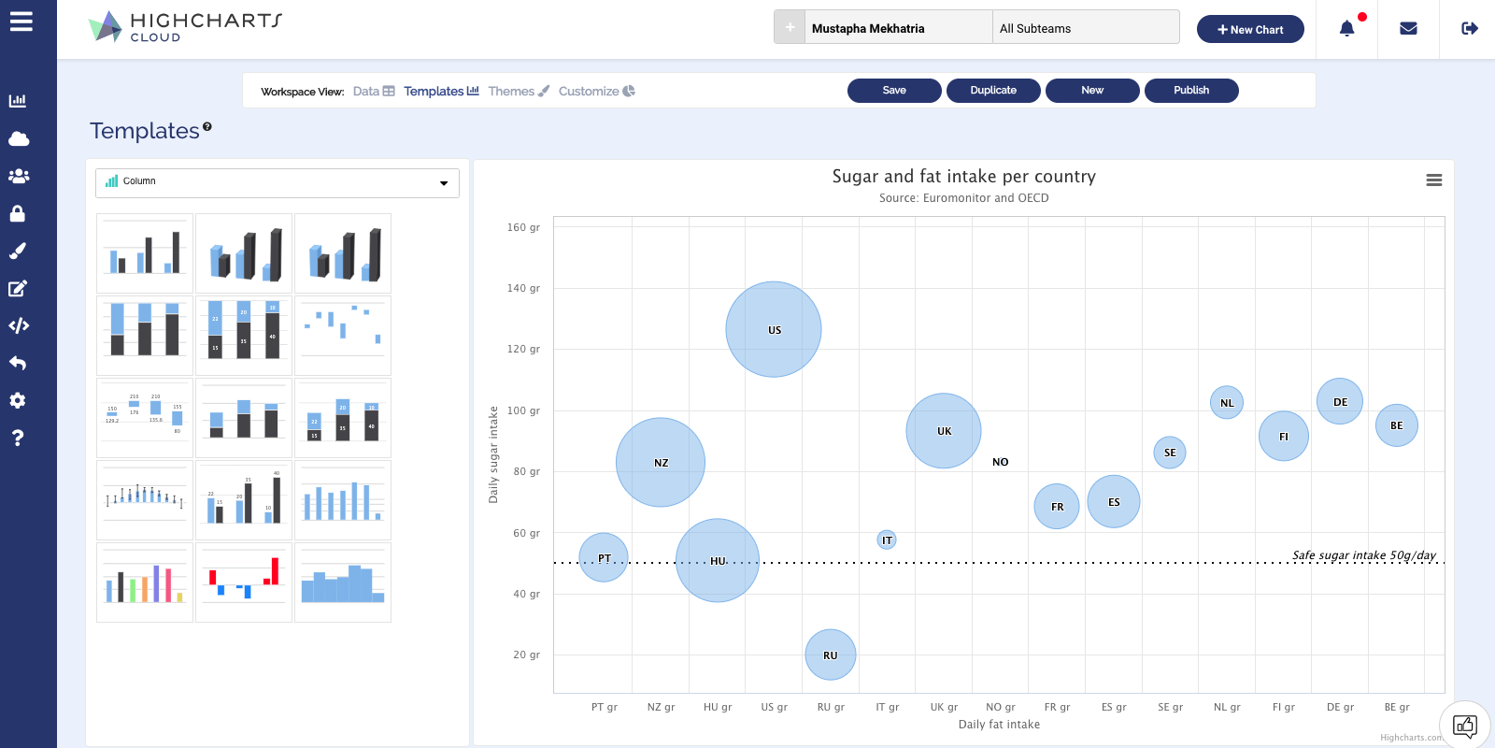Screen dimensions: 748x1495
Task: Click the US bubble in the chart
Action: (774, 329)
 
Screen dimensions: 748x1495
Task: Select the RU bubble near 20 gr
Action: (831, 654)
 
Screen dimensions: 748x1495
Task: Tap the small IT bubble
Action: (887, 539)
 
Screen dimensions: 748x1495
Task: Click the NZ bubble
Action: (661, 462)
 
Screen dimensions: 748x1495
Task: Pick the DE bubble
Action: (1340, 401)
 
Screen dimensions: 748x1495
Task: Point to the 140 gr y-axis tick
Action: (523, 288)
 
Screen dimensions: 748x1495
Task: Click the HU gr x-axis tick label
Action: (718, 707)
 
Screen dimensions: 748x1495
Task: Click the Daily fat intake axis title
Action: (999, 725)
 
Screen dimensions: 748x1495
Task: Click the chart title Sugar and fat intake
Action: (963, 176)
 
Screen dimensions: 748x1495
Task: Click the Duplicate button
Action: (993, 91)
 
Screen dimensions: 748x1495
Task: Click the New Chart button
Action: (1250, 29)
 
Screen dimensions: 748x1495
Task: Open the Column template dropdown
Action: (278, 182)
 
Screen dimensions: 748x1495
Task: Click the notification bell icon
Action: (1347, 29)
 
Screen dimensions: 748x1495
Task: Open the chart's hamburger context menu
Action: (1434, 180)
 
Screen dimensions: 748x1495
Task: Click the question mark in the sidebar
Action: (18, 438)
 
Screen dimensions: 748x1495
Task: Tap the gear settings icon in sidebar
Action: (18, 400)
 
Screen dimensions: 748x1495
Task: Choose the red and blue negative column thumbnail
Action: (244, 582)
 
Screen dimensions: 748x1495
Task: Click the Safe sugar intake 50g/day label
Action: (1364, 555)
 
